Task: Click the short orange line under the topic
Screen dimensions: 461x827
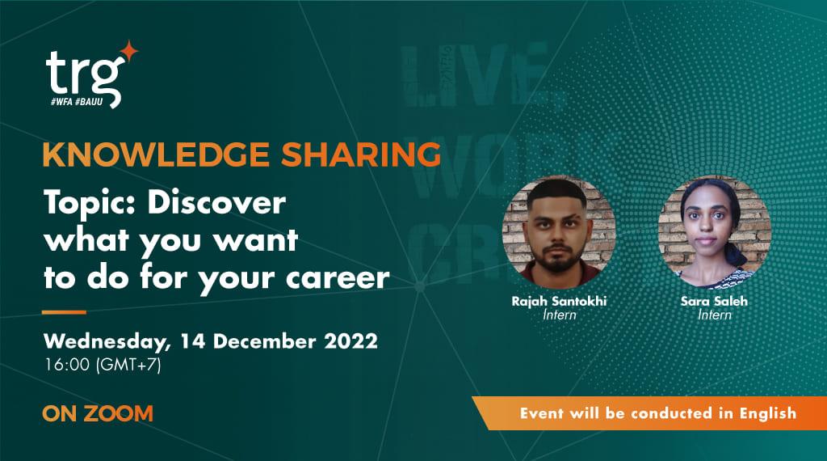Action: tap(64, 311)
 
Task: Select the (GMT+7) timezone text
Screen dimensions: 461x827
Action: tap(128, 364)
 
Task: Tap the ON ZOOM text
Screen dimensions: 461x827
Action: tap(97, 414)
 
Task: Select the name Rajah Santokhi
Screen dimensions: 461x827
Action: tap(559, 301)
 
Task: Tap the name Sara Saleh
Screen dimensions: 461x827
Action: tap(714, 301)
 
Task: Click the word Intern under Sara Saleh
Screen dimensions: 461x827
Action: tap(714, 315)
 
